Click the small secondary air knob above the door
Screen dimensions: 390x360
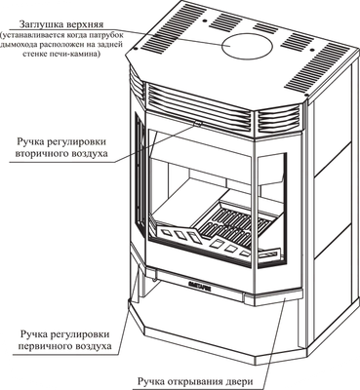point(198,123)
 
